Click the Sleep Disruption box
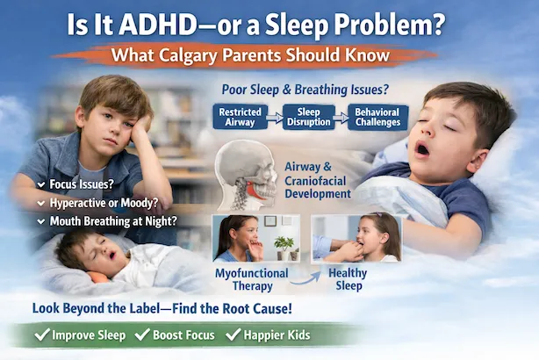[310, 118]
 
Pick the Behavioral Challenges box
[380, 118]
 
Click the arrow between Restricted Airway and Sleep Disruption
[274, 118]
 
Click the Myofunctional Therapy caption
[253, 280]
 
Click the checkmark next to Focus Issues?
[41, 184]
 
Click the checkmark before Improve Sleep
[39, 335]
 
